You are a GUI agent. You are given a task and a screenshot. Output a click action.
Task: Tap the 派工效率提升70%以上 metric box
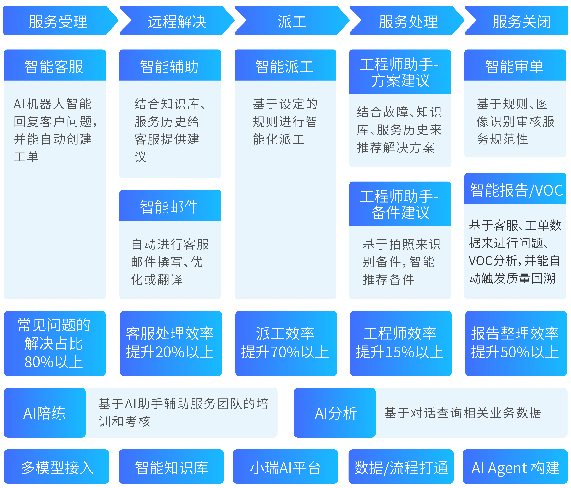[286, 343]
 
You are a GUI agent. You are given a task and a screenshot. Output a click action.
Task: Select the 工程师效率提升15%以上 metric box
[400, 343]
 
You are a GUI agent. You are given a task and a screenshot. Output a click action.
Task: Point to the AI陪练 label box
[45, 413]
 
